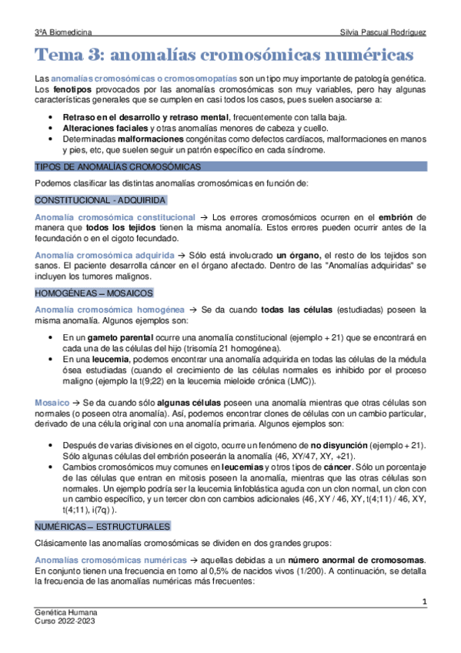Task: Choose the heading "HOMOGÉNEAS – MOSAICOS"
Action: click(x=95, y=293)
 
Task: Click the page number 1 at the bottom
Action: click(x=424, y=600)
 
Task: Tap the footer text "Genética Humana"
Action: click(x=66, y=611)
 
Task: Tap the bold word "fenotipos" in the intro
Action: click(x=68, y=90)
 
